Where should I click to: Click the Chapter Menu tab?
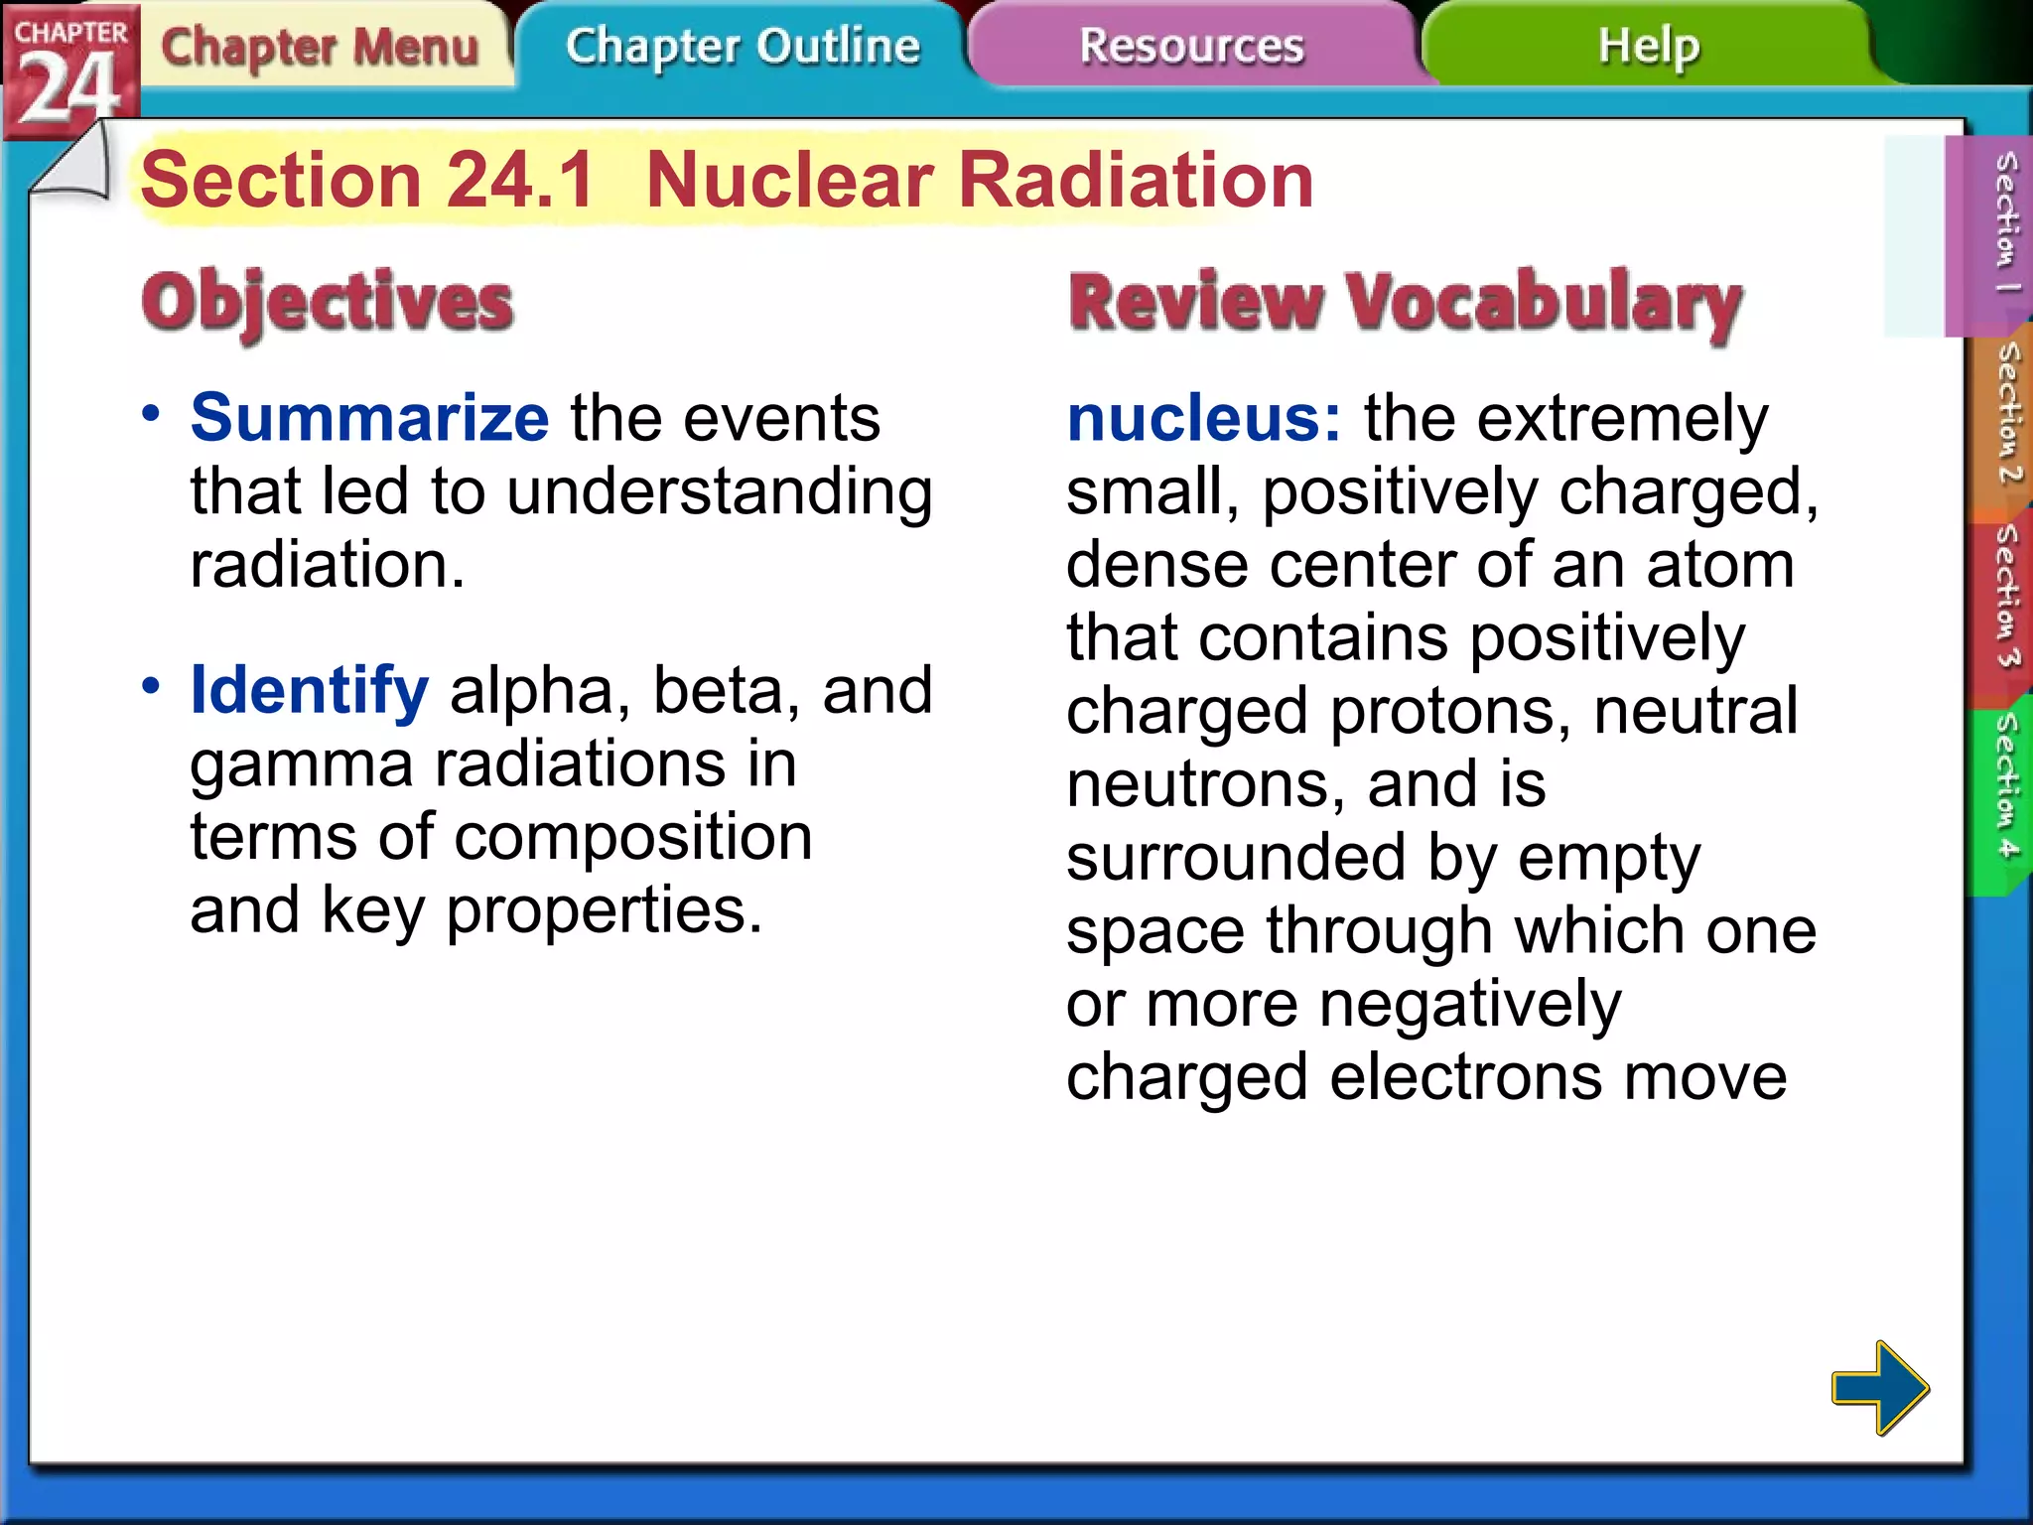(x=320, y=47)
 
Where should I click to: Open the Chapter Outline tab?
(x=743, y=46)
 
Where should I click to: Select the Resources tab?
(x=1191, y=46)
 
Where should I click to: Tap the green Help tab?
(x=1648, y=46)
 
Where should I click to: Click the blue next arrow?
(x=1879, y=1387)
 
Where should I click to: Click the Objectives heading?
(x=328, y=303)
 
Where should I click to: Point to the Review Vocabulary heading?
(x=1405, y=303)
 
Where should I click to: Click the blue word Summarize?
(x=369, y=418)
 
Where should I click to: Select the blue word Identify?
(x=309, y=690)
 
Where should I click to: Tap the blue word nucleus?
(x=1202, y=418)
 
